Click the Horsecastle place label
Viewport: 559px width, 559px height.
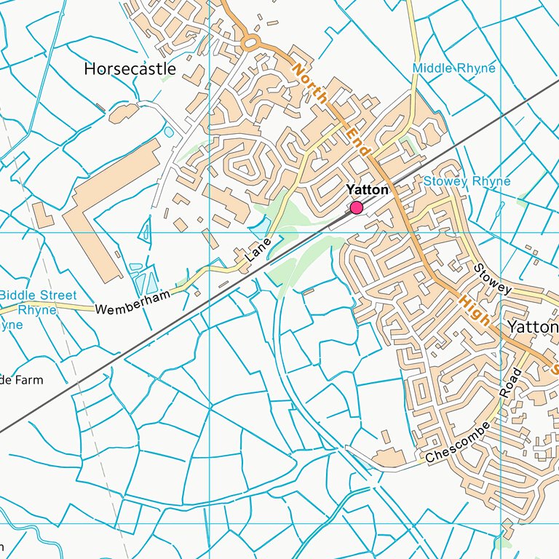coord(130,68)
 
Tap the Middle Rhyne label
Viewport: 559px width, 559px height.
coord(453,68)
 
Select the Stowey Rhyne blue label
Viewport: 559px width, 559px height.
coord(467,181)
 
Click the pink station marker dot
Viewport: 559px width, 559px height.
coord(357,208)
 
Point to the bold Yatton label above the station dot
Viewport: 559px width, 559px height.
coord(367,190)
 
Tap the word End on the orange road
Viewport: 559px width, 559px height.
coord(358,140)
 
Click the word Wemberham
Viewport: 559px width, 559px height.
coord(132,301)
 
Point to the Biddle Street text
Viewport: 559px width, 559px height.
coord(38,296)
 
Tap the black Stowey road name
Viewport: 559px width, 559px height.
coord(493,279)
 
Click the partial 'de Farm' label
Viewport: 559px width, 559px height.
coord(21,380)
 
